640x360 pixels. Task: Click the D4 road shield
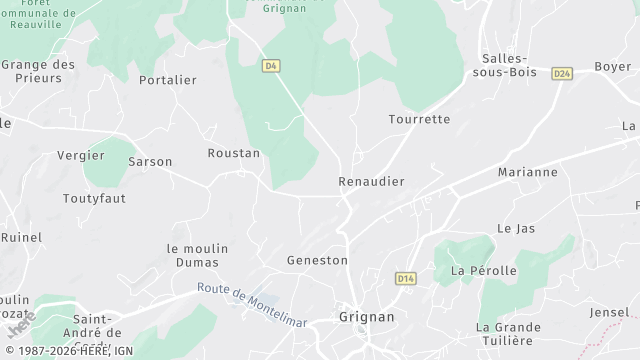[x=270, y=66]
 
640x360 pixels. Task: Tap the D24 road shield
[x=561, y=73]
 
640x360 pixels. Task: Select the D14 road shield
[x=405, y=278]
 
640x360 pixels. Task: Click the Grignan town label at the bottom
[x=367, y=316]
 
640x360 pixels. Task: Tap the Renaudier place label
[x=371, y=182]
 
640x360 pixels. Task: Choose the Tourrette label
[x=419, y=119]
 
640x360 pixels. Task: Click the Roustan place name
[x=233, y=153]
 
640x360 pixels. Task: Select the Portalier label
[x=168, y=80]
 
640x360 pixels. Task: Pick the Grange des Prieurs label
[x=39, y=72]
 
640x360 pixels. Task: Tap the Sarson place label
[x=150, y=161]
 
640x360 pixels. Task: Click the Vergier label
[x=81, y=155]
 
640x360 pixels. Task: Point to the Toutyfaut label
[x=95, y=199]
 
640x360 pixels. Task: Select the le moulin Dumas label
[x=198, y=256]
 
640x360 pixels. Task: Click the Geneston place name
[x=318, y=260]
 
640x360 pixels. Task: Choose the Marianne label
[x=528, y=172]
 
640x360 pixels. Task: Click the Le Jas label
[x=516, y=228]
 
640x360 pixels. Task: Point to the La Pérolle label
[x=484, y=271]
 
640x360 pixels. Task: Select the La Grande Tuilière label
[x=510, y=334]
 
